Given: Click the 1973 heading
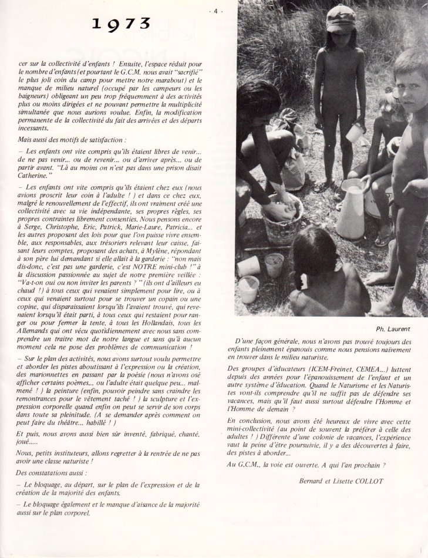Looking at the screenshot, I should click(x=122, y=23).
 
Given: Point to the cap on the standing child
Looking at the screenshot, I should click(x=340, y=18).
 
